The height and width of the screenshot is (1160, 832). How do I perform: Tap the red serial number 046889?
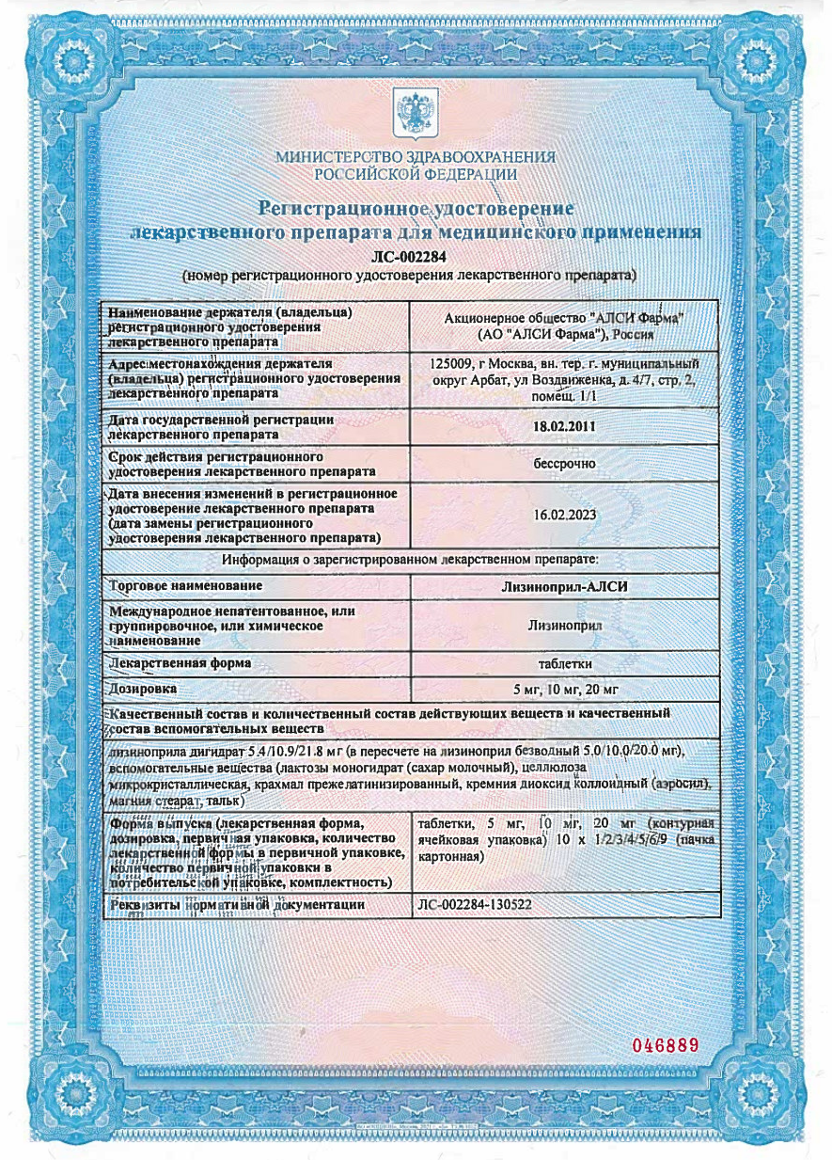click(x=666, y=1046)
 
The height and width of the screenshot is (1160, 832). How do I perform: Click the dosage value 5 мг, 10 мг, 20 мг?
click(x=565, y=690)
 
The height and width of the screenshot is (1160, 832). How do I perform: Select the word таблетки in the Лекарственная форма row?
click(x=564, y=662)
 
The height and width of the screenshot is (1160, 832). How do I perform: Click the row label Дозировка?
click(x=143, y=690)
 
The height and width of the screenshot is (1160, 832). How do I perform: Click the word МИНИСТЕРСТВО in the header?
click(x=328, y=157)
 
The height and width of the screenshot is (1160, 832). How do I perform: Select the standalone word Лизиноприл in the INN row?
click(x=564, y=624)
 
